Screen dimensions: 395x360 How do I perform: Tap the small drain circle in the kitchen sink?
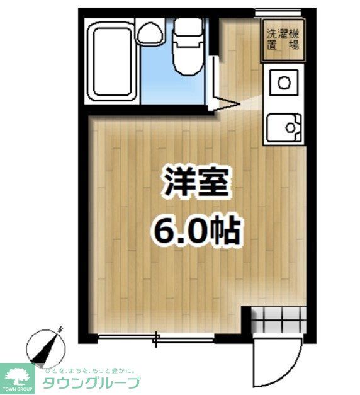pos(291,129)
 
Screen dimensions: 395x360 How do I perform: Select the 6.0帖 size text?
pos(196,232)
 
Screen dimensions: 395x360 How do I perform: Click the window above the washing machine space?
pos(278,11)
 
